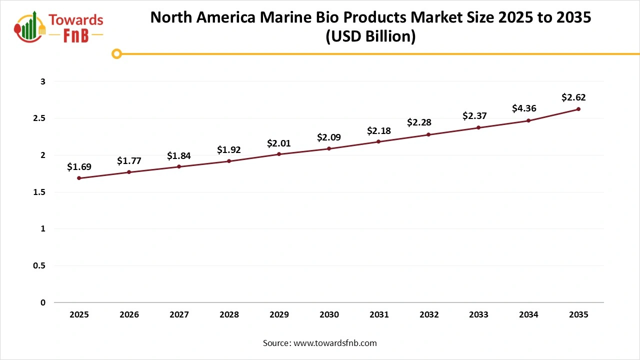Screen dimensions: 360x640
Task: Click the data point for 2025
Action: point(79,178)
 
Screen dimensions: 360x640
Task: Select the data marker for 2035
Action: point(578,109)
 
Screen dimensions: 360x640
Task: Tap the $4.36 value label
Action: point(524,108)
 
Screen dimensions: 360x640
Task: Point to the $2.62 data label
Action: point(573,97)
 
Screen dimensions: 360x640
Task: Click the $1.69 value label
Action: point(79,166)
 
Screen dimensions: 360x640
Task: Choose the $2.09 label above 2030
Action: point(329,137)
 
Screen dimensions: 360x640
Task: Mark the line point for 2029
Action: point(279,154)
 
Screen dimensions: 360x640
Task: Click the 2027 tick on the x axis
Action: point(179,314)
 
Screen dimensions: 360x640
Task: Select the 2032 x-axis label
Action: point(429,314)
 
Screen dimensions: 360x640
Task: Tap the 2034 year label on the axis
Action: point(528,314)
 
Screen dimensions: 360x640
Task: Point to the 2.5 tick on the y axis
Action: point(39,118)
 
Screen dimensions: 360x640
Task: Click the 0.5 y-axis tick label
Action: point(39,265)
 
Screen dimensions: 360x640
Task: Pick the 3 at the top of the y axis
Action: point(43,81)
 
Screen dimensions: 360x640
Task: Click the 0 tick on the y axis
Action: point(43,302)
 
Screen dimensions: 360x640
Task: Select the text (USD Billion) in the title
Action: point(370,37)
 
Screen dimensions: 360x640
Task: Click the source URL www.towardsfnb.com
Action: point(334,343)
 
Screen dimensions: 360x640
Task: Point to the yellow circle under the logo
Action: point(116,53)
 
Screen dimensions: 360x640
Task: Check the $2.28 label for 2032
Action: point(419,122)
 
